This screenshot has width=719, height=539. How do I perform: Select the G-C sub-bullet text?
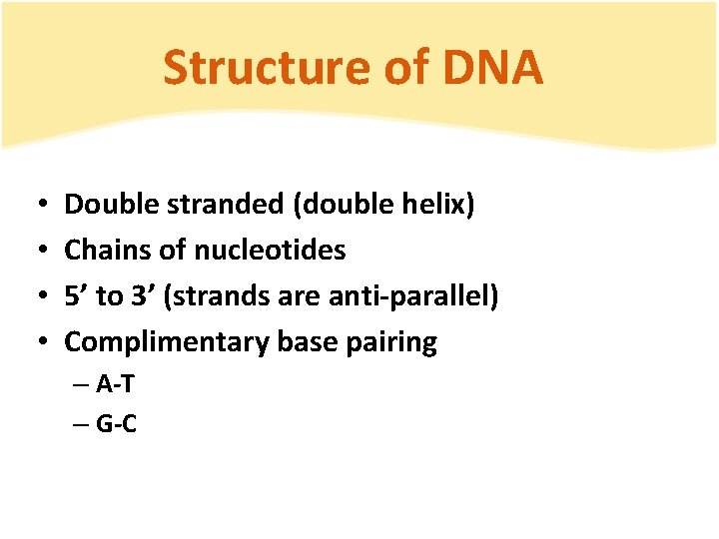117,424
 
